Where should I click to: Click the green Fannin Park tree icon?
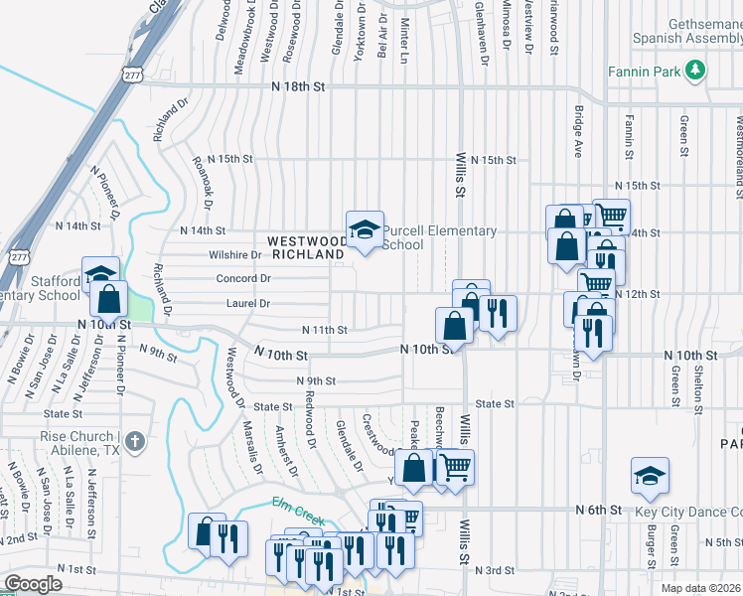point(697,69)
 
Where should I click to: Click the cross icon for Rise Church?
point(135,439)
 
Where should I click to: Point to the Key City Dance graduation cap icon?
point(651,477)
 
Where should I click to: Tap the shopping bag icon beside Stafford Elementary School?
point(111,296)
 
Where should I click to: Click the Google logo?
point(33,584)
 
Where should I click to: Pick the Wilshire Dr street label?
point(234,254)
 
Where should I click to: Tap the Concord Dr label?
point(243,278)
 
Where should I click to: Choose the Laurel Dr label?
point(248,303)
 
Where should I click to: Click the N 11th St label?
point(325,330)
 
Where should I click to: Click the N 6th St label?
point(599,510)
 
